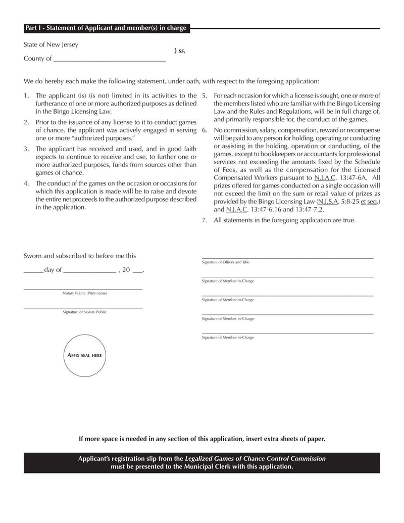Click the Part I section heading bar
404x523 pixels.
coord(106,28)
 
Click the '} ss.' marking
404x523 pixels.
coord(180,51)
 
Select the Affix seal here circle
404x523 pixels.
coord(84,355)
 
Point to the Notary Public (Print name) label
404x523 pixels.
coord(84,293)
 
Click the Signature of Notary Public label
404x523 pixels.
coord(84,312)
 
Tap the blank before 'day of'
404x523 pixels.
coord(33,271)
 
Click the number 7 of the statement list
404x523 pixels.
coord(205,220)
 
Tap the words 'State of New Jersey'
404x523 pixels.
coord(51,44)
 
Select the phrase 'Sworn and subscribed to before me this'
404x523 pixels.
coord(80,256)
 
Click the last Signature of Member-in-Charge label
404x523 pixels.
coord(228,338)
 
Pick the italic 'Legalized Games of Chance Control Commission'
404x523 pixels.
coord(255,459)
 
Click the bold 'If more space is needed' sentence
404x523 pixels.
coord(202,439)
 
